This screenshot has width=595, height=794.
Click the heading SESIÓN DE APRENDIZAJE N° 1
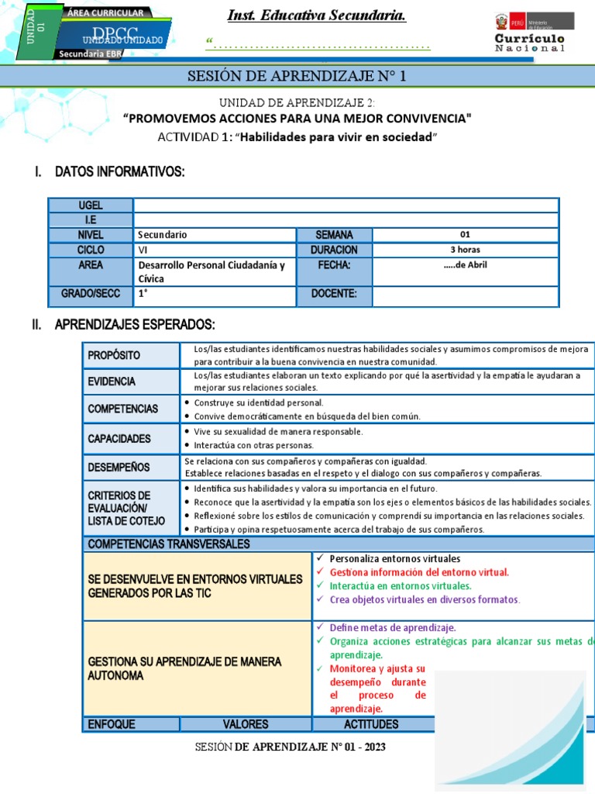pos(297,76)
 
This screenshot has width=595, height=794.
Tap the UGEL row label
pos(91,205)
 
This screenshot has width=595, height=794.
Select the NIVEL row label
pos(91,235)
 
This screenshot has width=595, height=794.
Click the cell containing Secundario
pos(214,235)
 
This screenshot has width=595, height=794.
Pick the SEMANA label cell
pos(334,235)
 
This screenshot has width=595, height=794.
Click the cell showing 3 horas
pos(465,250)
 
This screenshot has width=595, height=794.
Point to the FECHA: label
pos(334,265)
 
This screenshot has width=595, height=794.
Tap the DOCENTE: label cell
pos(334,293)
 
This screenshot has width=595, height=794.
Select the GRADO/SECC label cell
pos(91,293)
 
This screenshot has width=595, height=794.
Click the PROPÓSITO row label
pos(114,355)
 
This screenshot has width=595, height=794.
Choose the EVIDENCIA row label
pos(112,381)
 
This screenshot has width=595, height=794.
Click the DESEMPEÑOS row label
pos(119,468)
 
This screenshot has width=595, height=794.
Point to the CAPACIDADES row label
pos(119,439)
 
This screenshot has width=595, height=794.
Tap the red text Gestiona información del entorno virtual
pos(419,572)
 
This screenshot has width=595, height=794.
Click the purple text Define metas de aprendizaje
pos(392,627)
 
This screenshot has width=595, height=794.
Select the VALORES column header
pos(246,724)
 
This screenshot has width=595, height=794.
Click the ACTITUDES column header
pos(371,724)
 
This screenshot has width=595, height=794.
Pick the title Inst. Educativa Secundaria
pos(316,16)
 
